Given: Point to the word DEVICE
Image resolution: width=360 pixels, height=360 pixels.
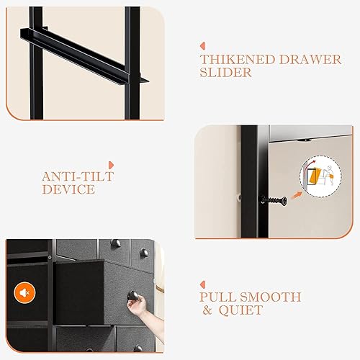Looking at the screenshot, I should [x=68, y=190].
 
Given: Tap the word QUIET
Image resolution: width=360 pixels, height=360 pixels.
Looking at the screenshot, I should [x=245, y=310].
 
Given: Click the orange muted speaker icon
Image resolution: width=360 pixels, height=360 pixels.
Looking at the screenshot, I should [x=24, y=294].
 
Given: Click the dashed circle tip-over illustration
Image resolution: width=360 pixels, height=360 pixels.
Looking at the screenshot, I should [x=318, y=177].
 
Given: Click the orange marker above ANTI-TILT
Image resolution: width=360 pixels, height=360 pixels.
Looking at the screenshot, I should [x=109, y=166].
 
